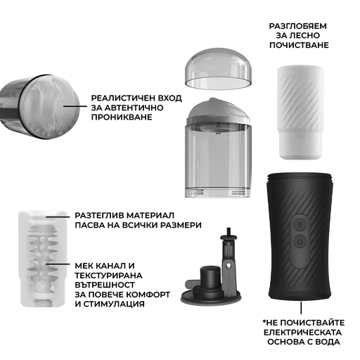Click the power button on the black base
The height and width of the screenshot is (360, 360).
(x=300, y=241)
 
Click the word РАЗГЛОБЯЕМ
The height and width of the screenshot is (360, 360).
(x=298, y=26)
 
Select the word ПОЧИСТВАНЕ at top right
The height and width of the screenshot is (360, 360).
(x=299, y=45)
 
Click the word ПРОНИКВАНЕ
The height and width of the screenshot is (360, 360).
(x=122, y=117)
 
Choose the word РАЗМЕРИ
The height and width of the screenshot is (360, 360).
(x=181, y=225)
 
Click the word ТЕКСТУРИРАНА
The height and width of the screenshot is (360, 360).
(x=108, y=276)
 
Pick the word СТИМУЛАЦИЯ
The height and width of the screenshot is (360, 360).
(x=114, y=304)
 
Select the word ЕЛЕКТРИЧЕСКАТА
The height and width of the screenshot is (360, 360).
(x=302, y=333)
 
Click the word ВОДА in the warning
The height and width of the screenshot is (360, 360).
(x=328, y=342)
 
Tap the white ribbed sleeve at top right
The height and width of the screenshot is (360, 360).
(x=300, y=112)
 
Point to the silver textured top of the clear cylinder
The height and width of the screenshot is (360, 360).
(x=218, y=110)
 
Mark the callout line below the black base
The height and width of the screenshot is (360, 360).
(x=301, y=308)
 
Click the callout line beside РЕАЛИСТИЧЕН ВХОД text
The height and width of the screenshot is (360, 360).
(x=75, y=106)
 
